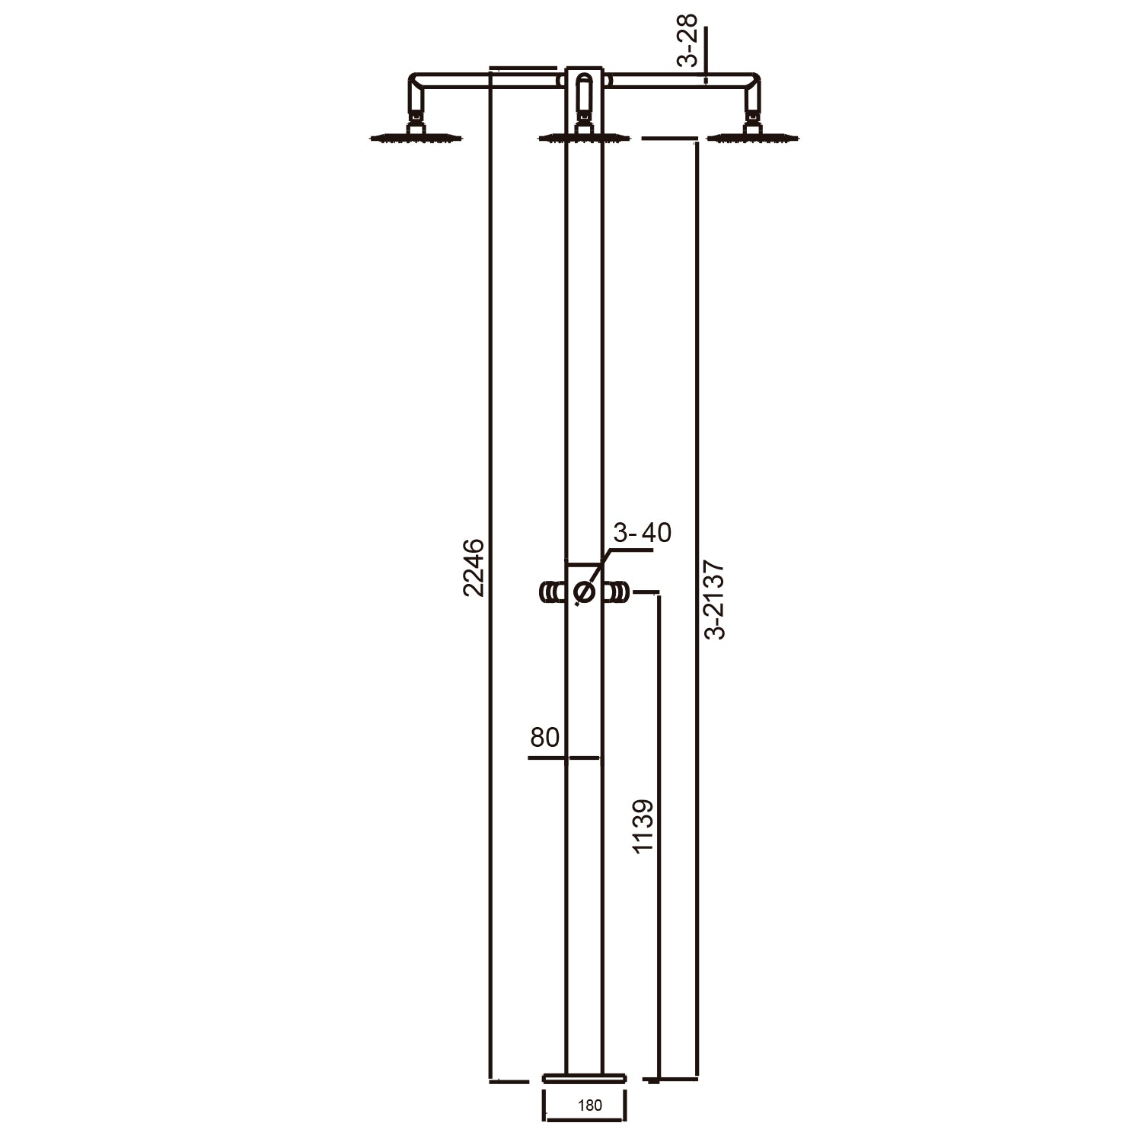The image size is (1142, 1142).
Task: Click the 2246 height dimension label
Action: [473, 567]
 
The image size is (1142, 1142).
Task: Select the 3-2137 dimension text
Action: [714, 600]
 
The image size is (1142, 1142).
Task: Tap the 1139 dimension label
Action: [643, 826]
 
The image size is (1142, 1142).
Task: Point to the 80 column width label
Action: [544, 737]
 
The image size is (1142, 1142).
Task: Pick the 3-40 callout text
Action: [643, 533]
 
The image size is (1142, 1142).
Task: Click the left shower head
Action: [416, 138]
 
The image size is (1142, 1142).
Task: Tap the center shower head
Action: [584, 138]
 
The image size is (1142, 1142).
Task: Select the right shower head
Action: [753, 138]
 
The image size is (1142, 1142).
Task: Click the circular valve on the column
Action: [584, 592]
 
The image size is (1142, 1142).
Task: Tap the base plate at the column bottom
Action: [584, 1077]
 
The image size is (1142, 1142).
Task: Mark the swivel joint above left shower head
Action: [416, 119]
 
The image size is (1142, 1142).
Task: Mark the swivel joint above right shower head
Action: [753, 119]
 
